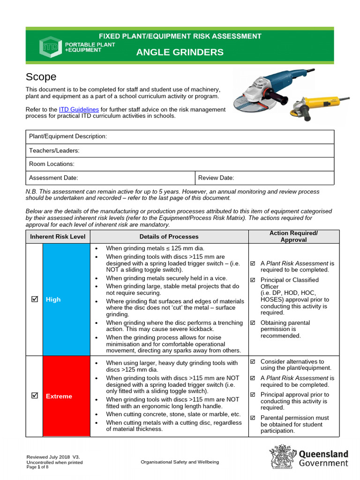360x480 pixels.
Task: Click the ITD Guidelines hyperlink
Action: click(x=79, y=109)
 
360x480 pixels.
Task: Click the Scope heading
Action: click(x=41, y=77)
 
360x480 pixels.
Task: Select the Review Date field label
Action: click(x=216, y=178)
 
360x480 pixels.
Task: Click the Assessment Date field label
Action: click(x=53, y=178)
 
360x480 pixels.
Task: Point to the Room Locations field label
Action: click(x=52, y=164)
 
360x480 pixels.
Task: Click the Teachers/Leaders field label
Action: click(x=54, y=150)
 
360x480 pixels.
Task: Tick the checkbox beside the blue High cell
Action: click(x=34, y=299)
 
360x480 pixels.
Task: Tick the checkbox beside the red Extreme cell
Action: click(x=34, y=396)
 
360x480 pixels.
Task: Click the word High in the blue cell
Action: click(x=53, y=300)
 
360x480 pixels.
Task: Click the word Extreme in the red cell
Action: click(x=59, y=397)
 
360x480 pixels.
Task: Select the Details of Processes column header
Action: click(x=169, y=237)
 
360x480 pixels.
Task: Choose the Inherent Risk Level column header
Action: click(x=58, y=237)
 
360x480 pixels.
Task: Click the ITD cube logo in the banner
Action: click(x=48, y=46)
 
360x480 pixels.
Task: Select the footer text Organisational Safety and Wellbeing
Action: click(x=180, y=462)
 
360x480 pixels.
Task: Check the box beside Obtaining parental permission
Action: click(x=253, y=322)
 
